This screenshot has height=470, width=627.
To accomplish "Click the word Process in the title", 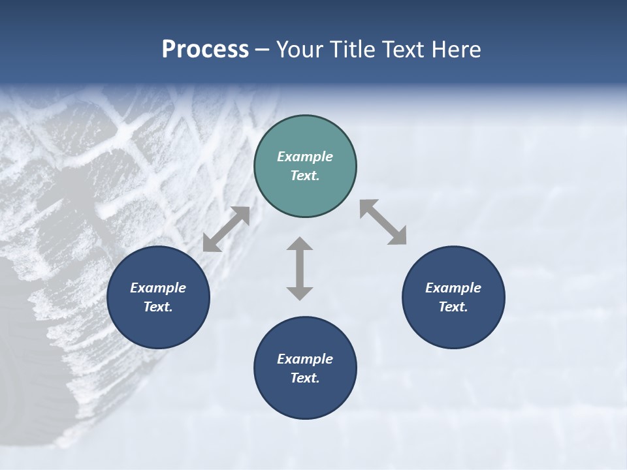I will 205,50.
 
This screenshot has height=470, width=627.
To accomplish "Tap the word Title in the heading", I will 354,50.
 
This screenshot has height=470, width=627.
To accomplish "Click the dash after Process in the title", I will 262,50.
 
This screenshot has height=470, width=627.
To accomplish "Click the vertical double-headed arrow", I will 300,268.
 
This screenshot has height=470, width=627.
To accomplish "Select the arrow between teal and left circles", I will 226,229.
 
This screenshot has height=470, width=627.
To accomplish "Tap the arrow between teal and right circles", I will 383,222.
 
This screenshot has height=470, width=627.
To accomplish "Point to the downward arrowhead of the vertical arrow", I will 300,293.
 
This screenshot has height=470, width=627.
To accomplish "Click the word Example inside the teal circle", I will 305,157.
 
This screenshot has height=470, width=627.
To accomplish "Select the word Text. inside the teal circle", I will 305,176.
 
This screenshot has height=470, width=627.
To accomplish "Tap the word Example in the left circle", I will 158,288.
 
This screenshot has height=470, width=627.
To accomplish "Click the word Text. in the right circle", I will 453,307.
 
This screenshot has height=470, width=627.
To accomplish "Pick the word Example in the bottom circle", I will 305,359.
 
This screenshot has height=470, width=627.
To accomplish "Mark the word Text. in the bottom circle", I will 305,378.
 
